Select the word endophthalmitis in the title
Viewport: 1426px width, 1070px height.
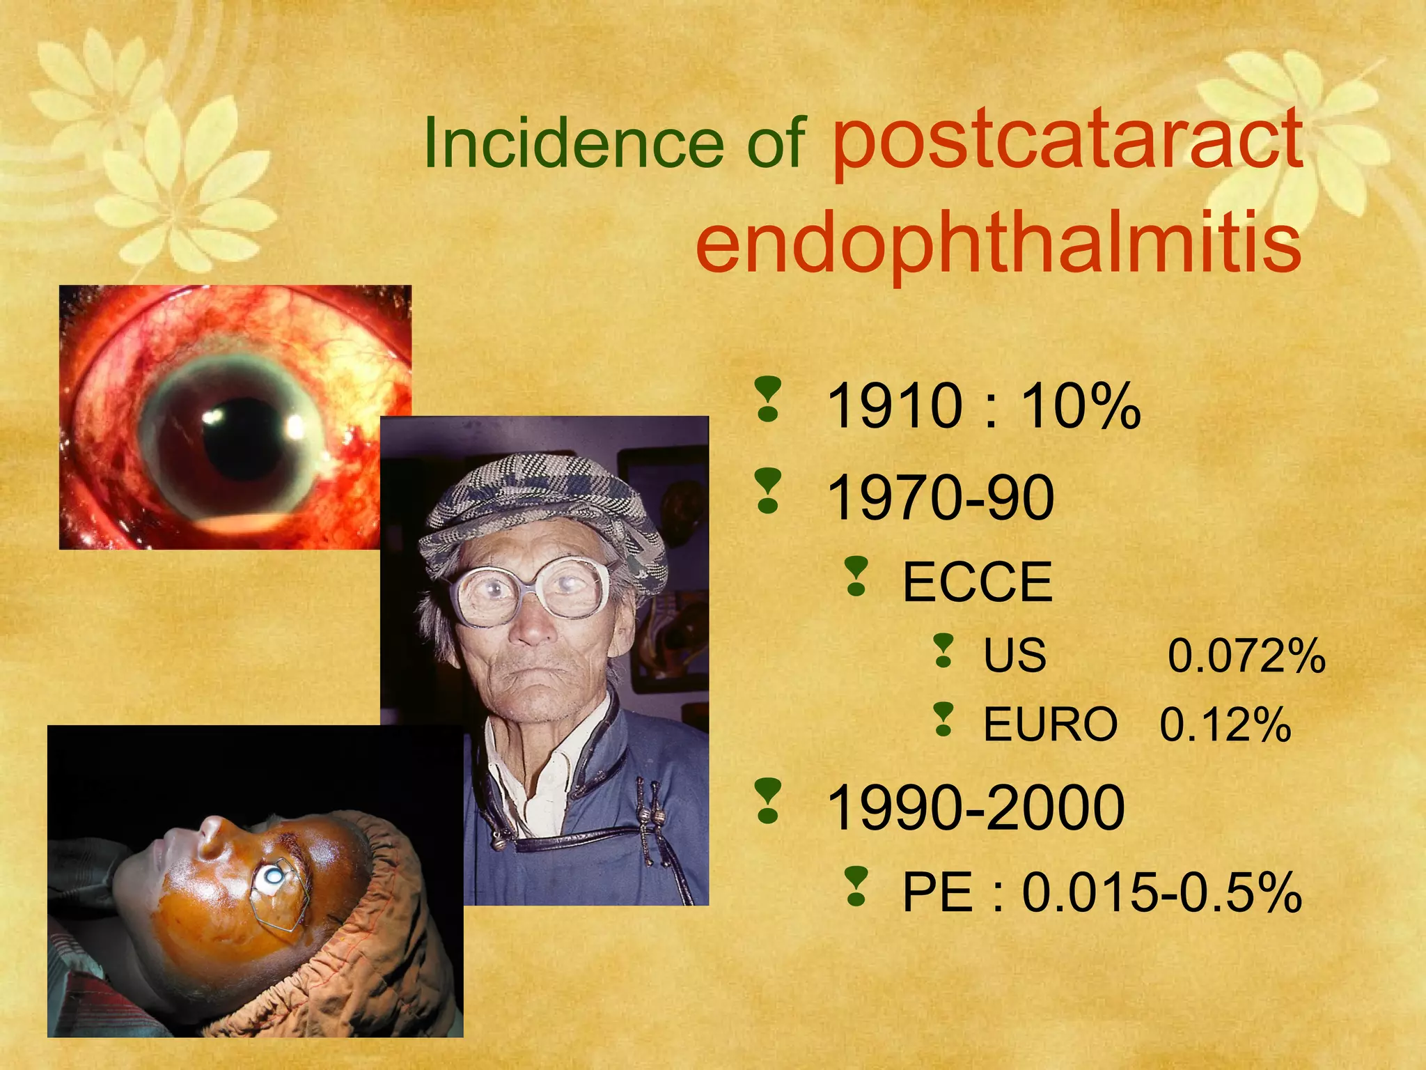[998, 243]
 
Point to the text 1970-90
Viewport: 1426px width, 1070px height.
[940, 497]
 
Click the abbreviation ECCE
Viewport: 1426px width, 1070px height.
[977, 582]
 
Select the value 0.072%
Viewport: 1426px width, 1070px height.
[1246, 656]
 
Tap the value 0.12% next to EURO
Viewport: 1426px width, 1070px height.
[1225, 724]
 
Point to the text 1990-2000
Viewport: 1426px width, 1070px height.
[976, 807]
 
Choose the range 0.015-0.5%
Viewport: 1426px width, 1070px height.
[1161, 892]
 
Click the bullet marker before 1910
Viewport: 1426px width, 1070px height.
[768, 400]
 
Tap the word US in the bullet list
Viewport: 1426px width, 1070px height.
[1014, 656]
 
